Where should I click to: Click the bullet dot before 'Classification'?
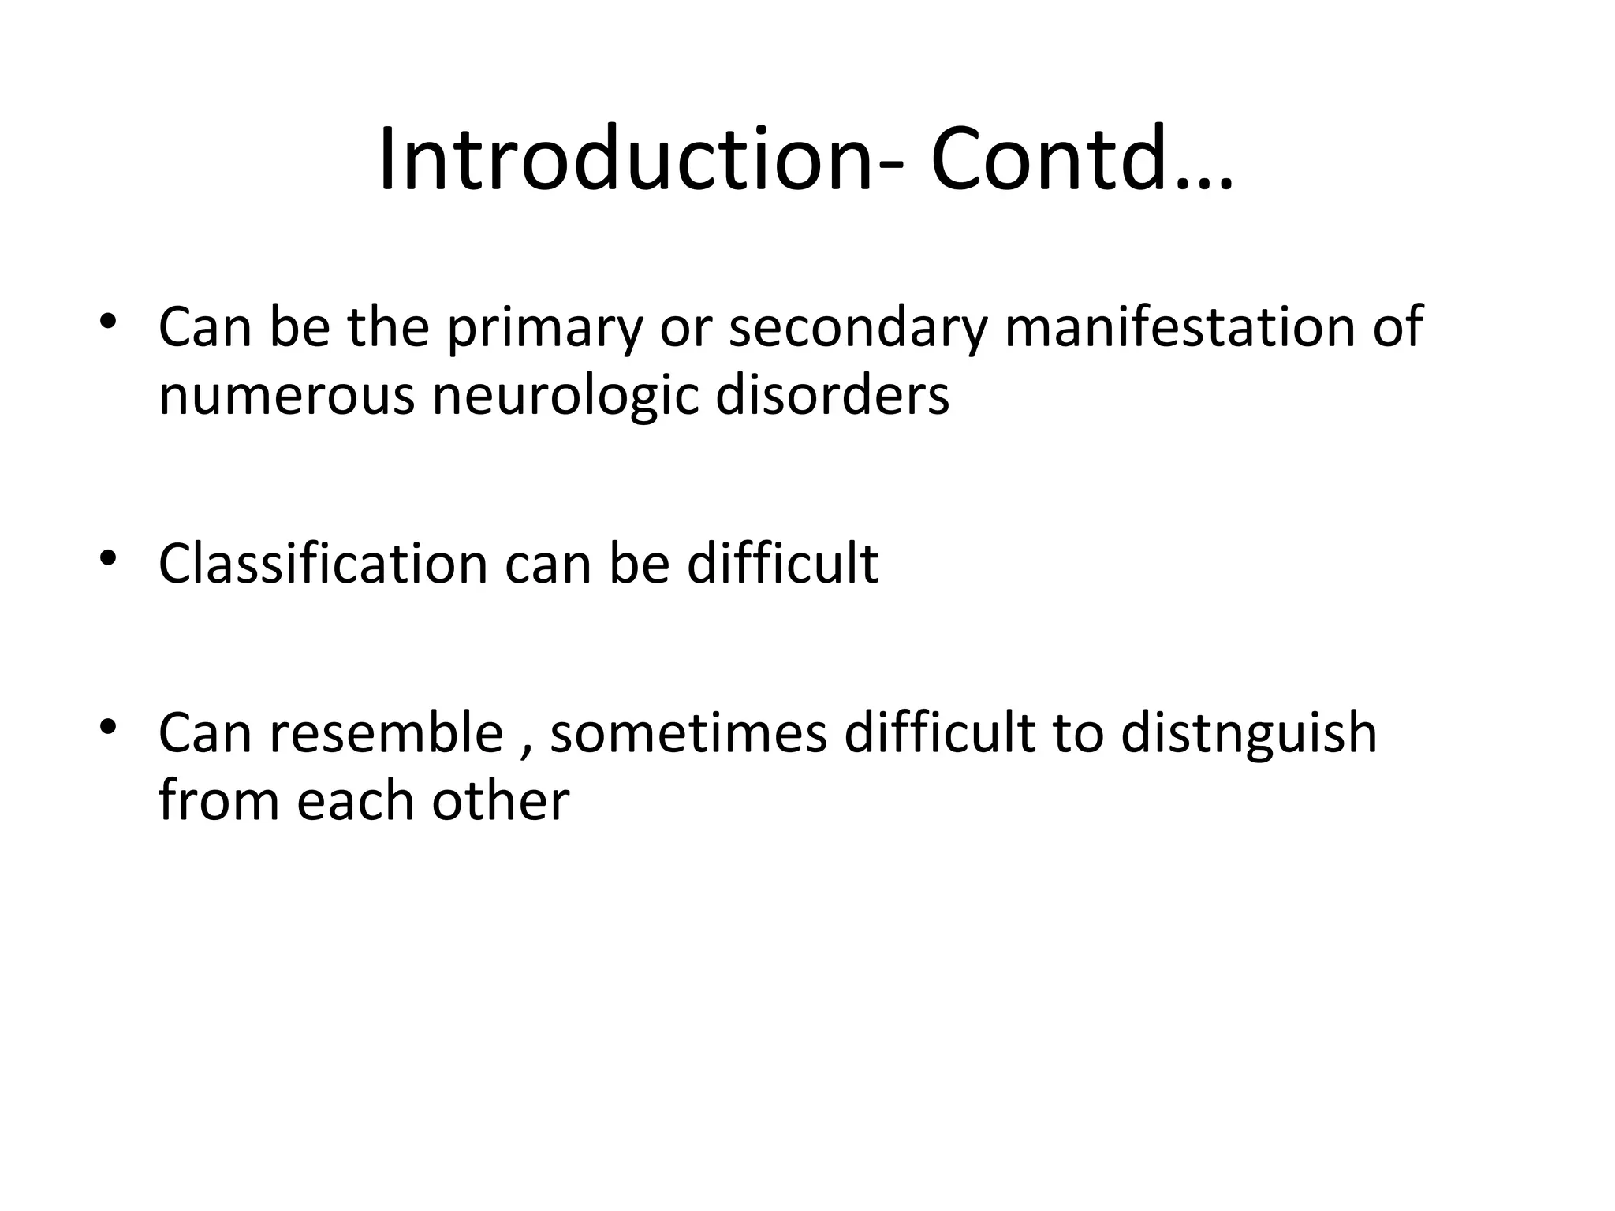coord(108,557)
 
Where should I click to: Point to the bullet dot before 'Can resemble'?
coord(108,725)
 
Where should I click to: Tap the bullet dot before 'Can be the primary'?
coord(108,320)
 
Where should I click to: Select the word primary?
coord(545,330)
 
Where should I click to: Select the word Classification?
coord(323,565)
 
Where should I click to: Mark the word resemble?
coord(386,733)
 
